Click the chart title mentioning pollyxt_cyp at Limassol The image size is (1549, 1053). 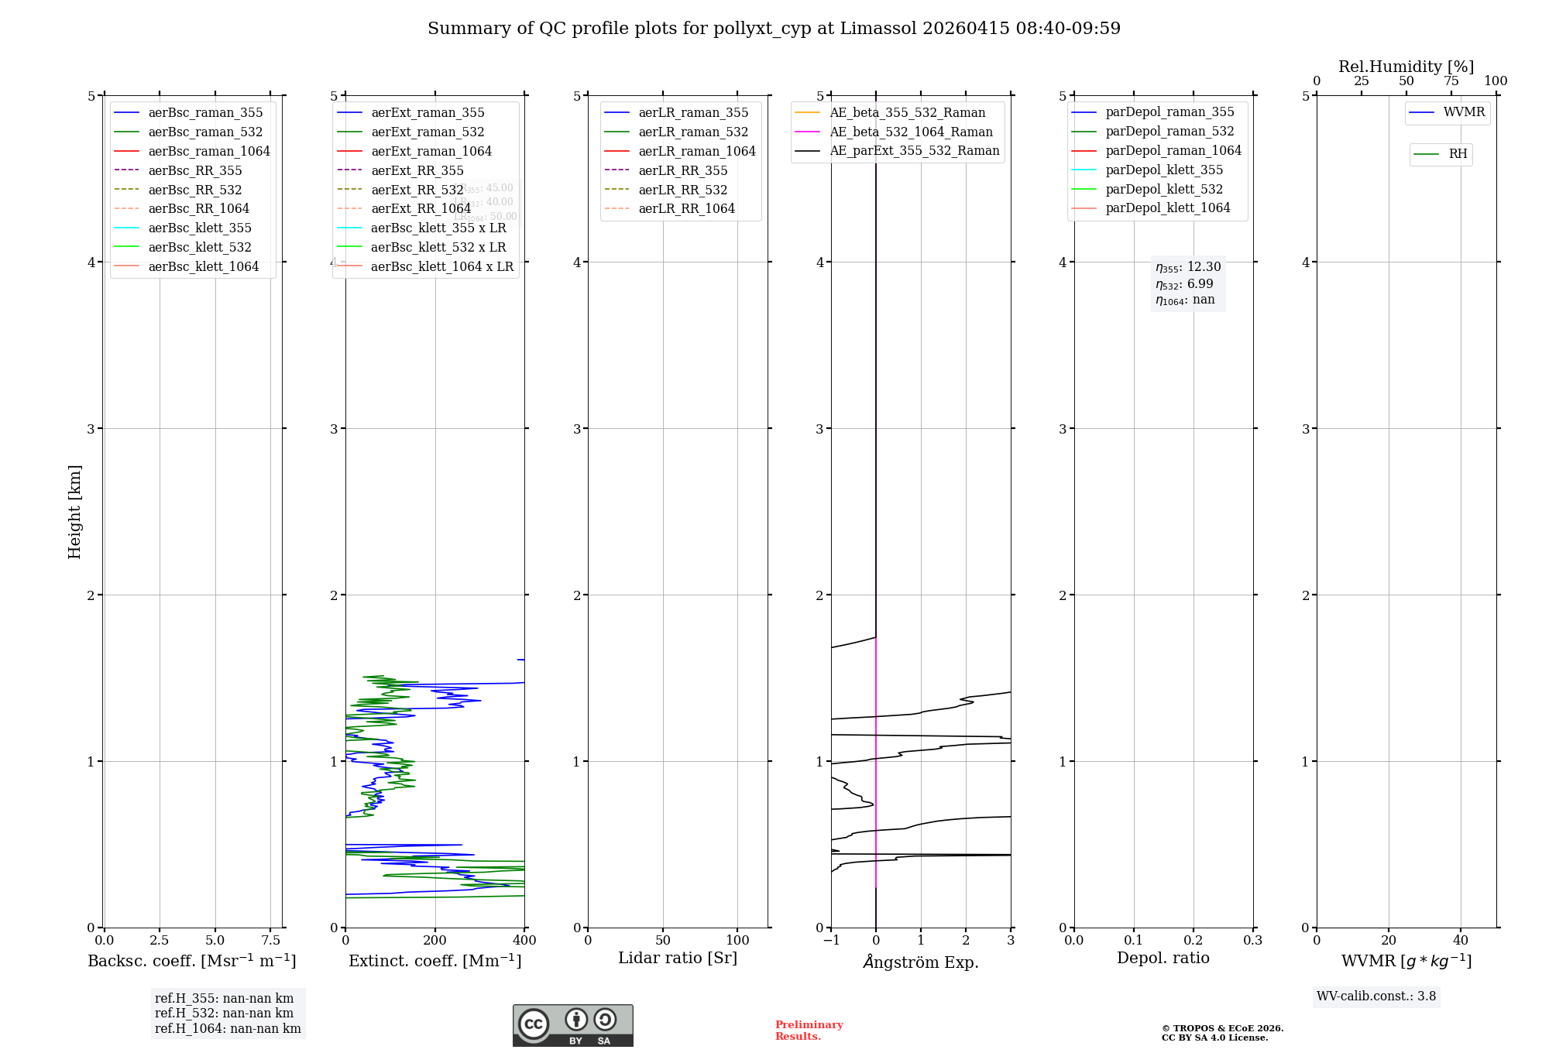coord(774,29)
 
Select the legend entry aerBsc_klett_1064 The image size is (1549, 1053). coord(203,266)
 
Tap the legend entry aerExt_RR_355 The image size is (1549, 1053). coord(417,170)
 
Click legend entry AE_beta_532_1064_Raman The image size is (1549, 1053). coord(911,132)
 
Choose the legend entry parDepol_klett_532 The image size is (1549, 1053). coord(1163,189)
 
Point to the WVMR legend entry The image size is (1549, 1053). coord(1464,112)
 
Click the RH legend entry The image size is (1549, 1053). coord(1458,154)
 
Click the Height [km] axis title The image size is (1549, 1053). coord(74,511)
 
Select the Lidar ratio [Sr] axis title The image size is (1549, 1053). coord(678,958)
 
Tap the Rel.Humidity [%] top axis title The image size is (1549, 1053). coord(1406,67)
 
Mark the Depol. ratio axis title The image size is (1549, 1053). coord(1163,958)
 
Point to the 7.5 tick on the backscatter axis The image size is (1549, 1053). coord(270,940)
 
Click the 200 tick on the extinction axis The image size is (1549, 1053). coord(435,940)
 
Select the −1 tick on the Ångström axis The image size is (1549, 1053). coord(831,940)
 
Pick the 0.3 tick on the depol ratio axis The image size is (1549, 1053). coord(1252,940)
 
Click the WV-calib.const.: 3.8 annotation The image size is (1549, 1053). coord(1376,996)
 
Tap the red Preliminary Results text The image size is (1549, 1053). coord(809,1031)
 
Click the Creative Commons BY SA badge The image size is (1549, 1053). coord(572,1025)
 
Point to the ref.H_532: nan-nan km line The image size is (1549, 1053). coord(224,1013)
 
